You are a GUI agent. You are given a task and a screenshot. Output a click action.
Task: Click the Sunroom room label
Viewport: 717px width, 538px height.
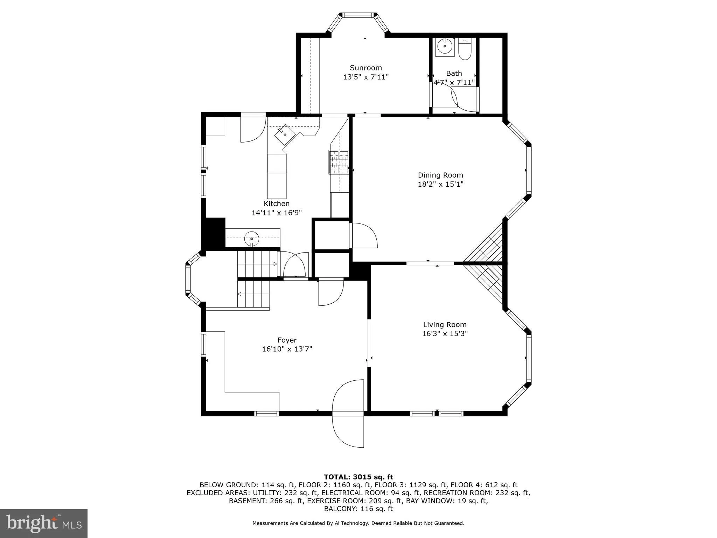point(366,68)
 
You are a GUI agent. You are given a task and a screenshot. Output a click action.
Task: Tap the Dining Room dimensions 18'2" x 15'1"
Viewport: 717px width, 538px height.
point(440,184)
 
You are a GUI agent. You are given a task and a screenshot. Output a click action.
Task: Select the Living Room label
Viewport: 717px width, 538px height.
point(445,325)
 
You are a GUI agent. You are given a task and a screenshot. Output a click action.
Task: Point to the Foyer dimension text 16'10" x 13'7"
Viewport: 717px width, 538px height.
point(287,349)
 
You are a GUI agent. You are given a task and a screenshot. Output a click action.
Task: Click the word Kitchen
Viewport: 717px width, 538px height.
point(276,204)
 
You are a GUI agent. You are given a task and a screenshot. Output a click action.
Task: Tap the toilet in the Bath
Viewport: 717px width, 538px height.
point(465,49)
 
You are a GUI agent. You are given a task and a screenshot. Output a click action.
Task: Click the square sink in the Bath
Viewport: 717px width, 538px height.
point(445,47)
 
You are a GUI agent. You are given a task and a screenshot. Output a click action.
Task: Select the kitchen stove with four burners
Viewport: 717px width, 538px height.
point(339,162)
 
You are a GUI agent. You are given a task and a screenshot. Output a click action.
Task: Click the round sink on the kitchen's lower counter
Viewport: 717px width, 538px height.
point(251,238)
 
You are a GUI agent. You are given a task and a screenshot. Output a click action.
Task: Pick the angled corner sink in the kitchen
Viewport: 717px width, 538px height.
point(285,134)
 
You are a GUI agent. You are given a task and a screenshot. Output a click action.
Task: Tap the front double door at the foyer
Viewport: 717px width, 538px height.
point(348,413)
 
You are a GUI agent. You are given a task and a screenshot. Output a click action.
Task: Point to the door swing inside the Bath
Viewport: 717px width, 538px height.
point(455,100)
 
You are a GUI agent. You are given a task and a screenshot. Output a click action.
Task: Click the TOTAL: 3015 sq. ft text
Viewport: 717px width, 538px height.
point(358,477)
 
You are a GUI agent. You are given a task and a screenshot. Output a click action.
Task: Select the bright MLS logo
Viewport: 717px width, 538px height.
point(43,523)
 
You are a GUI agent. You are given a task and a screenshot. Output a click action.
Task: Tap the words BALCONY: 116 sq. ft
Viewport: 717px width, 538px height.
point(358,509)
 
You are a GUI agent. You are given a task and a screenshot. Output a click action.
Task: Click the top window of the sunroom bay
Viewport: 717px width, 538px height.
point(357,15)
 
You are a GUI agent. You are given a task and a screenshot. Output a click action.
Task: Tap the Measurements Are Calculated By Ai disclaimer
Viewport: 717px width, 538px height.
point(358,523)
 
